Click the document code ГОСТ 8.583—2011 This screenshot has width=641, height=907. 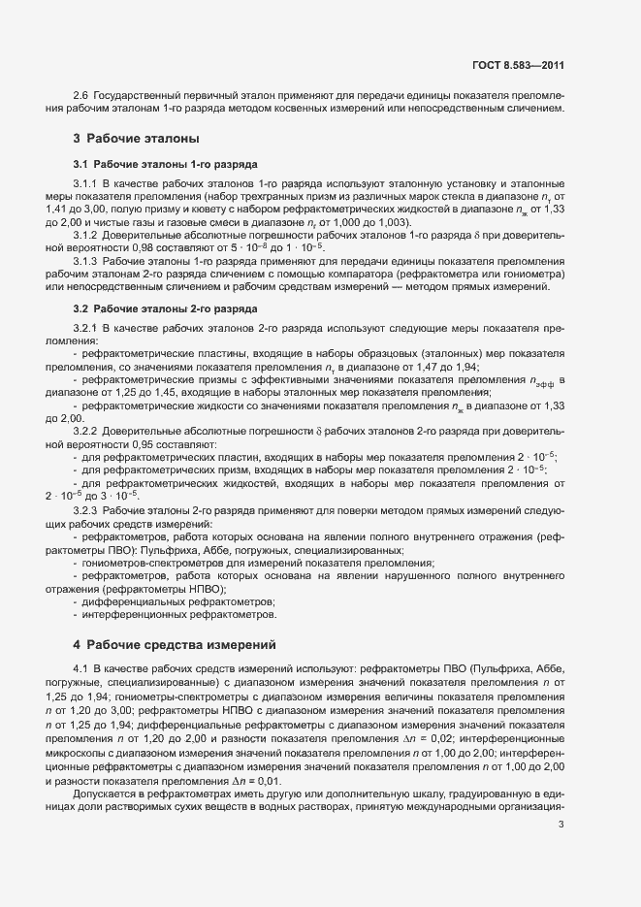517,66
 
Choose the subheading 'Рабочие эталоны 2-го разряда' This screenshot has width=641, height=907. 165,308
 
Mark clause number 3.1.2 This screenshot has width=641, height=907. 88,237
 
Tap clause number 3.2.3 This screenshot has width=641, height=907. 88,510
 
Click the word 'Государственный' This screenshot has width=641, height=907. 136,96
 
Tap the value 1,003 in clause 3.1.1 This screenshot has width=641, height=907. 365,222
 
